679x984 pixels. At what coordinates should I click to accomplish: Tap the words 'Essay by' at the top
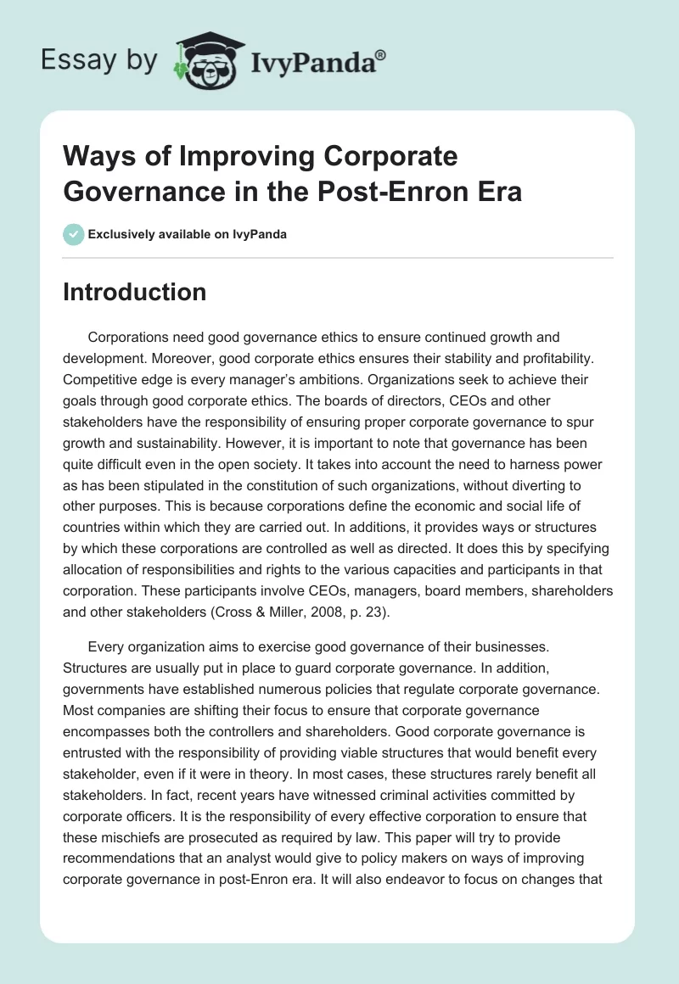[x=98, y=59]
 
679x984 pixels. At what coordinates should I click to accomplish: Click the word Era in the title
[x=501, y=191]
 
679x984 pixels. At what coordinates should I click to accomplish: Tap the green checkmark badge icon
[x=73, y=234]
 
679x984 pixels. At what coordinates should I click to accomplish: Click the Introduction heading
[x=135, y=292]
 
